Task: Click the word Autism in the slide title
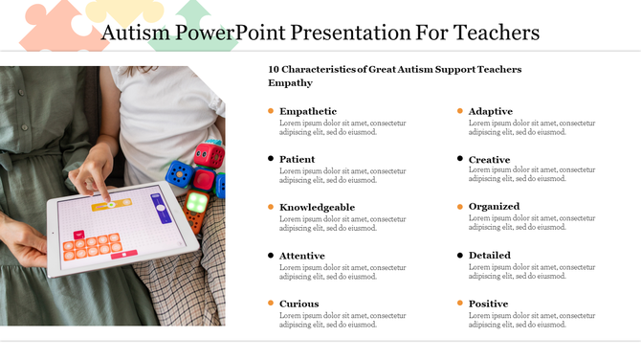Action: point(133,33)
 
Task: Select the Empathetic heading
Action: point(308,111)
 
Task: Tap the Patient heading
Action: point(298,159)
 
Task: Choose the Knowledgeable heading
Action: point(317,207)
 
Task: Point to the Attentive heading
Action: point(302,256)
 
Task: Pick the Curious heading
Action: point(299,304)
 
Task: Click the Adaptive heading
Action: point(491,111)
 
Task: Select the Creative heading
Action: point(490,159)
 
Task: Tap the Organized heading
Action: point(495,206)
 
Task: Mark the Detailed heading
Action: point(490,255)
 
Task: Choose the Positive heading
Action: point(489,304)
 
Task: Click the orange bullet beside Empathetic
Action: point(271,111)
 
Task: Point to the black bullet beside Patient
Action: point(271,159)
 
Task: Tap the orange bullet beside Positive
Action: point(460,304)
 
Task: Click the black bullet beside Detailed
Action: point(460,255)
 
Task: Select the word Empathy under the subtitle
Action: point(291,83)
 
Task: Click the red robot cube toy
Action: point(209,155)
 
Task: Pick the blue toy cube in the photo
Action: point(178,174)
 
